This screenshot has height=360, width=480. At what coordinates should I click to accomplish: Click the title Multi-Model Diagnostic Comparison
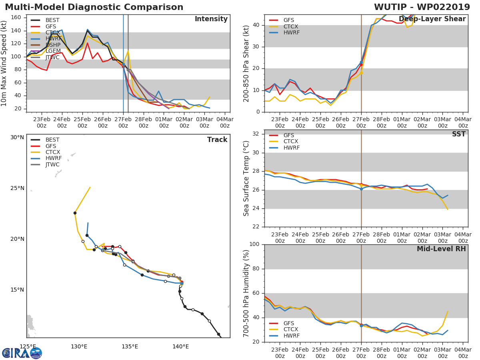94,7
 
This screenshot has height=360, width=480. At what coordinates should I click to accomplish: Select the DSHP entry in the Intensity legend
52,45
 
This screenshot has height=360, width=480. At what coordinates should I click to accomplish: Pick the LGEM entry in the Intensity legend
52,51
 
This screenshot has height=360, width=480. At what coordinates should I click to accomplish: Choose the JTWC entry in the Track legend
52,165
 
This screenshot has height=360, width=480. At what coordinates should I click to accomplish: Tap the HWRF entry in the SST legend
291,148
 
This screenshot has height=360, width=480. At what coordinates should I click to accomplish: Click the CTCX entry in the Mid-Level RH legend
291,330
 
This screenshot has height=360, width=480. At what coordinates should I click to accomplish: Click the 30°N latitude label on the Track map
17,138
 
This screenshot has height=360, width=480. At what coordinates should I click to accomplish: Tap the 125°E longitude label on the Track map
28,346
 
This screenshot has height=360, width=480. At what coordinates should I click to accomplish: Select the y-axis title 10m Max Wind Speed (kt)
4,63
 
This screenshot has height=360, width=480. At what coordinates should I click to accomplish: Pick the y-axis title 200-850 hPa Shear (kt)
246,63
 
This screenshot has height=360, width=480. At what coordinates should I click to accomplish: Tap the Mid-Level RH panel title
441,249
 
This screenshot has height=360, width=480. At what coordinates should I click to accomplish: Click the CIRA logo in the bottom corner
22,353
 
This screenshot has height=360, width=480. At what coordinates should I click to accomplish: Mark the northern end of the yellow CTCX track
90,187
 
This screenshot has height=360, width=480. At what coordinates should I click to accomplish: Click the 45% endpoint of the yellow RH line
447,312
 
